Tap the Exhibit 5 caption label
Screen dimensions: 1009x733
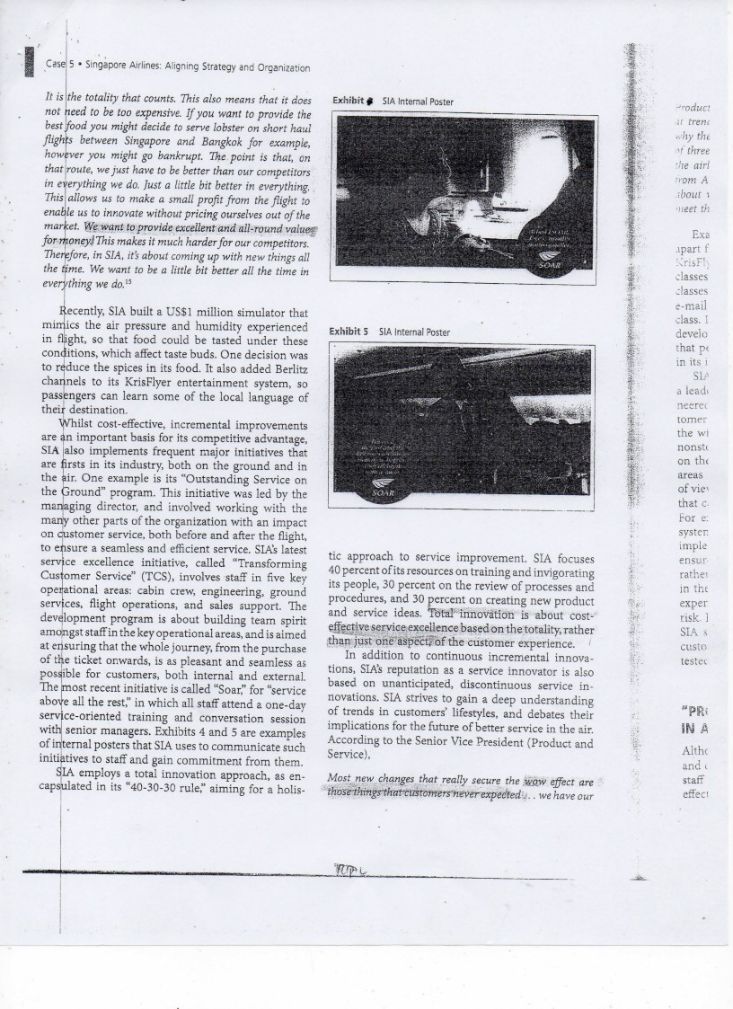click(352, 332)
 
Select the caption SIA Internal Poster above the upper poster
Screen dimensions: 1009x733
click(418, 102)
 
